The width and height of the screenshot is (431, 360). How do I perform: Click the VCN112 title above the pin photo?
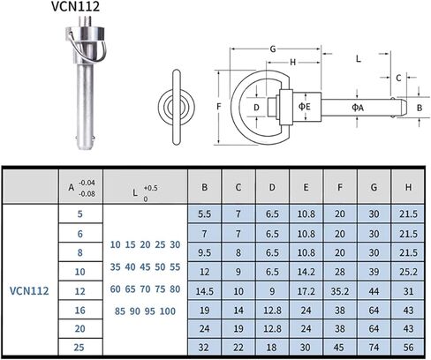(76, 6)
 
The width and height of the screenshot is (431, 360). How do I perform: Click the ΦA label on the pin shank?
(358, 108)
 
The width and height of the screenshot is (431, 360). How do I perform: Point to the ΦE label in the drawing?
(305, 106)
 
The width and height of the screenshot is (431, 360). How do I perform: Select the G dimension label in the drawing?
(273, 49)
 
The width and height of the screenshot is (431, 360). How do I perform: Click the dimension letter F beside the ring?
(218, 106)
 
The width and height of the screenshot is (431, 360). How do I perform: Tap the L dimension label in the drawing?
(359, 59)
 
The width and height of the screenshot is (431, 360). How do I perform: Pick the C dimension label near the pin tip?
(398, 78)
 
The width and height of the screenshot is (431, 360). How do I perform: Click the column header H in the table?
(408, 187)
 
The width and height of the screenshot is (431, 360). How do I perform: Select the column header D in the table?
(272, 187)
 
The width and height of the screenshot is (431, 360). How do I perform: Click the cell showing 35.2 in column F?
(340, 291)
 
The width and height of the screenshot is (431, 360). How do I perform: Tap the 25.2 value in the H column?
(408, 272)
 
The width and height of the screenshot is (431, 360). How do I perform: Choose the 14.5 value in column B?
(204, 291)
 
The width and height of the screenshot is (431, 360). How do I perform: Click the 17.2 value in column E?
(306, 291)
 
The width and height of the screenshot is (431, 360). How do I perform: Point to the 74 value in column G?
(374, 348)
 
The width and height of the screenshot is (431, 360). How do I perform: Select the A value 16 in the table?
(79, 311)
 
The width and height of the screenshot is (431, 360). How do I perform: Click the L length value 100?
(168, 311)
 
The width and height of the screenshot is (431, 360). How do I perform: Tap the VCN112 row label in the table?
(29, 291)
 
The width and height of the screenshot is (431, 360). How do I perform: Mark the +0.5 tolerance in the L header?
(151, 188)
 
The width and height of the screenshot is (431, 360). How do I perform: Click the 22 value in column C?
(238, 348)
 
